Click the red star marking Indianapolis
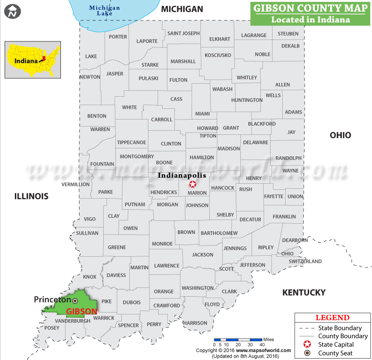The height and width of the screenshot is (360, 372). (193, 184)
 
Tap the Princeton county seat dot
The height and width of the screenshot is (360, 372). (75, 301)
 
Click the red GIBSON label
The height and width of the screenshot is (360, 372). (82, 312)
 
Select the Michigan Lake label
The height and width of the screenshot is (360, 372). (105, 11)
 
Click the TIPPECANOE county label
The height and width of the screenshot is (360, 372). (132, 142)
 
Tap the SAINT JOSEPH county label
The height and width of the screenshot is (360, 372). (184, 33)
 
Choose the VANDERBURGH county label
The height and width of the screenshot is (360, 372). (73, 321)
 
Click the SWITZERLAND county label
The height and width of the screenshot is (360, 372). (305, 261)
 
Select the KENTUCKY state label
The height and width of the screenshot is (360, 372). (304, 293)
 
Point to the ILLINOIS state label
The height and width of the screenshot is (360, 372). (31, 196)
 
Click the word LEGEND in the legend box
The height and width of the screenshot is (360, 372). (332, 318)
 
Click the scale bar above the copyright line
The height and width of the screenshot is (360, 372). (238, 340)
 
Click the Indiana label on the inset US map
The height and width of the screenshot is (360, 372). (26, 61)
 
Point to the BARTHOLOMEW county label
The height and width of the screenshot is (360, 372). (219, 233)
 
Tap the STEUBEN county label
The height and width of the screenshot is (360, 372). (288, 34)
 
